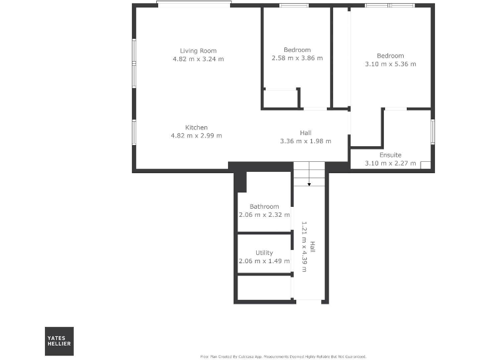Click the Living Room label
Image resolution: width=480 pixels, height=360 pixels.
(197, 51)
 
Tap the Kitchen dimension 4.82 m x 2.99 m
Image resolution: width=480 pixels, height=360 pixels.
(196, 136)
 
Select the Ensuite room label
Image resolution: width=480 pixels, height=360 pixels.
(390, 155)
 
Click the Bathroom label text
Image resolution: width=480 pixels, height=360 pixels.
(264, 206)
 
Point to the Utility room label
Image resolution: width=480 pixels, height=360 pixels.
(264, 253)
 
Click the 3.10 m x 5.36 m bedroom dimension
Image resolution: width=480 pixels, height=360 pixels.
(390, 64)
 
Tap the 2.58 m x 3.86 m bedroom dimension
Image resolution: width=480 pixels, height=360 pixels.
(297, 58)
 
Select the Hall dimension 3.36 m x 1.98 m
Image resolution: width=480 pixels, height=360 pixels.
(306, 141)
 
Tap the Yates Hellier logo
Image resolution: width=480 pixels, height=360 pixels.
(59, 341)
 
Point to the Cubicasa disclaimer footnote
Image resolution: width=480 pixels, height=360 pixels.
(283, 356)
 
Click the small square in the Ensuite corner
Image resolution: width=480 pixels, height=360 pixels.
(425, 166)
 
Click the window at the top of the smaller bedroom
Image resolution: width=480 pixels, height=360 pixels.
(294, 6)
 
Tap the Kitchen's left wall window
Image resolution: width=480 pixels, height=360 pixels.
(134, 132)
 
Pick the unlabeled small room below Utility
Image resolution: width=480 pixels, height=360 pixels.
(264, 288)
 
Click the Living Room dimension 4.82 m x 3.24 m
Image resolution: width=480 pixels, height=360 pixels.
(197, 59)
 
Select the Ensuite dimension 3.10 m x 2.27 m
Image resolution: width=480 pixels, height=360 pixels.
(390, 164)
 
